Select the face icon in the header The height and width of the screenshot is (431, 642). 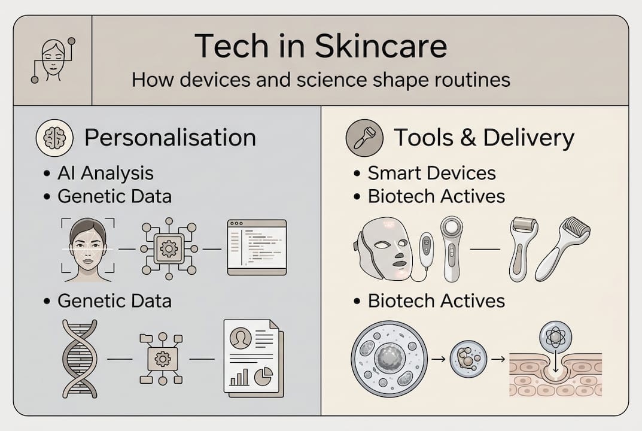(x=53, y=60)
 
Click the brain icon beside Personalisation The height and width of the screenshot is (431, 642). (x=54, y=138)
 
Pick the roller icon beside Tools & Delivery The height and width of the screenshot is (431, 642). (x=364, y=138)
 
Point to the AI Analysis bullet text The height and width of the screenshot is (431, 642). (x=105, y=174)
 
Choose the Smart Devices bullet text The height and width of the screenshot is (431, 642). (x=431, y=174)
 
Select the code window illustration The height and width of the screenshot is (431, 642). (x=257, y=247)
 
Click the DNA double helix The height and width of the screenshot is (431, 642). (x=79, y=359)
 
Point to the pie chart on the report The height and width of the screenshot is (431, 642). (x=264, y=377)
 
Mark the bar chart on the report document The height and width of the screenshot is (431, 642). (x=239, y=377)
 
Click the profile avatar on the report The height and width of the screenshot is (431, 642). (x=240, y=339)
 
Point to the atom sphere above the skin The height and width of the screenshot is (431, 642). (x=556, y=336)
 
